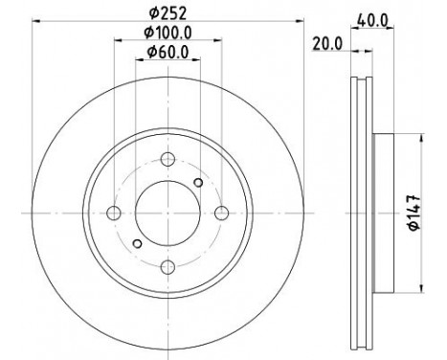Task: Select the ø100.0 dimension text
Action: (167, 34)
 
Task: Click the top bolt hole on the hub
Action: (168, 160)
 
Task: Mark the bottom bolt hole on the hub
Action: (168, 265)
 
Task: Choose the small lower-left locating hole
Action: (137, 242)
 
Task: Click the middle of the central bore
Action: (168, 212)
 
